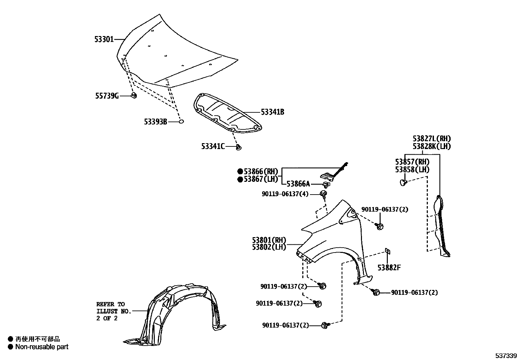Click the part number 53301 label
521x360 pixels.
(x=104, y=39)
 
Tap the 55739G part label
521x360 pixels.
(x=107, y=96)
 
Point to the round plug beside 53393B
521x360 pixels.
(x=181, y=122)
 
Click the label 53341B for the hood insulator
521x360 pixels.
(x=272, y=112)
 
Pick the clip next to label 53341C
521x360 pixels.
(x=239, y=147)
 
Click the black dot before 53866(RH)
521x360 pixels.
(x=240, y=171)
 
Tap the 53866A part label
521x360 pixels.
(x=298, y=184)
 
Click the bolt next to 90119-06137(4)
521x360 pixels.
(x=324, y=194)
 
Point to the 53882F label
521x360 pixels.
(x=389, y=268)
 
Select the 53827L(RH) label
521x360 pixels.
(x=431, y=139)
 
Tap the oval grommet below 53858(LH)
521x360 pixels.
(x=404, y=182)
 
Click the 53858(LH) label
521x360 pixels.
(x=412, y=169)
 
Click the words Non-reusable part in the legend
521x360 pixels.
(x=42, y=347)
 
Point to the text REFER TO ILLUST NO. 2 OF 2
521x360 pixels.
(x=113, y=311)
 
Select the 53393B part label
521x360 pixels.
(x=155, y=122)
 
